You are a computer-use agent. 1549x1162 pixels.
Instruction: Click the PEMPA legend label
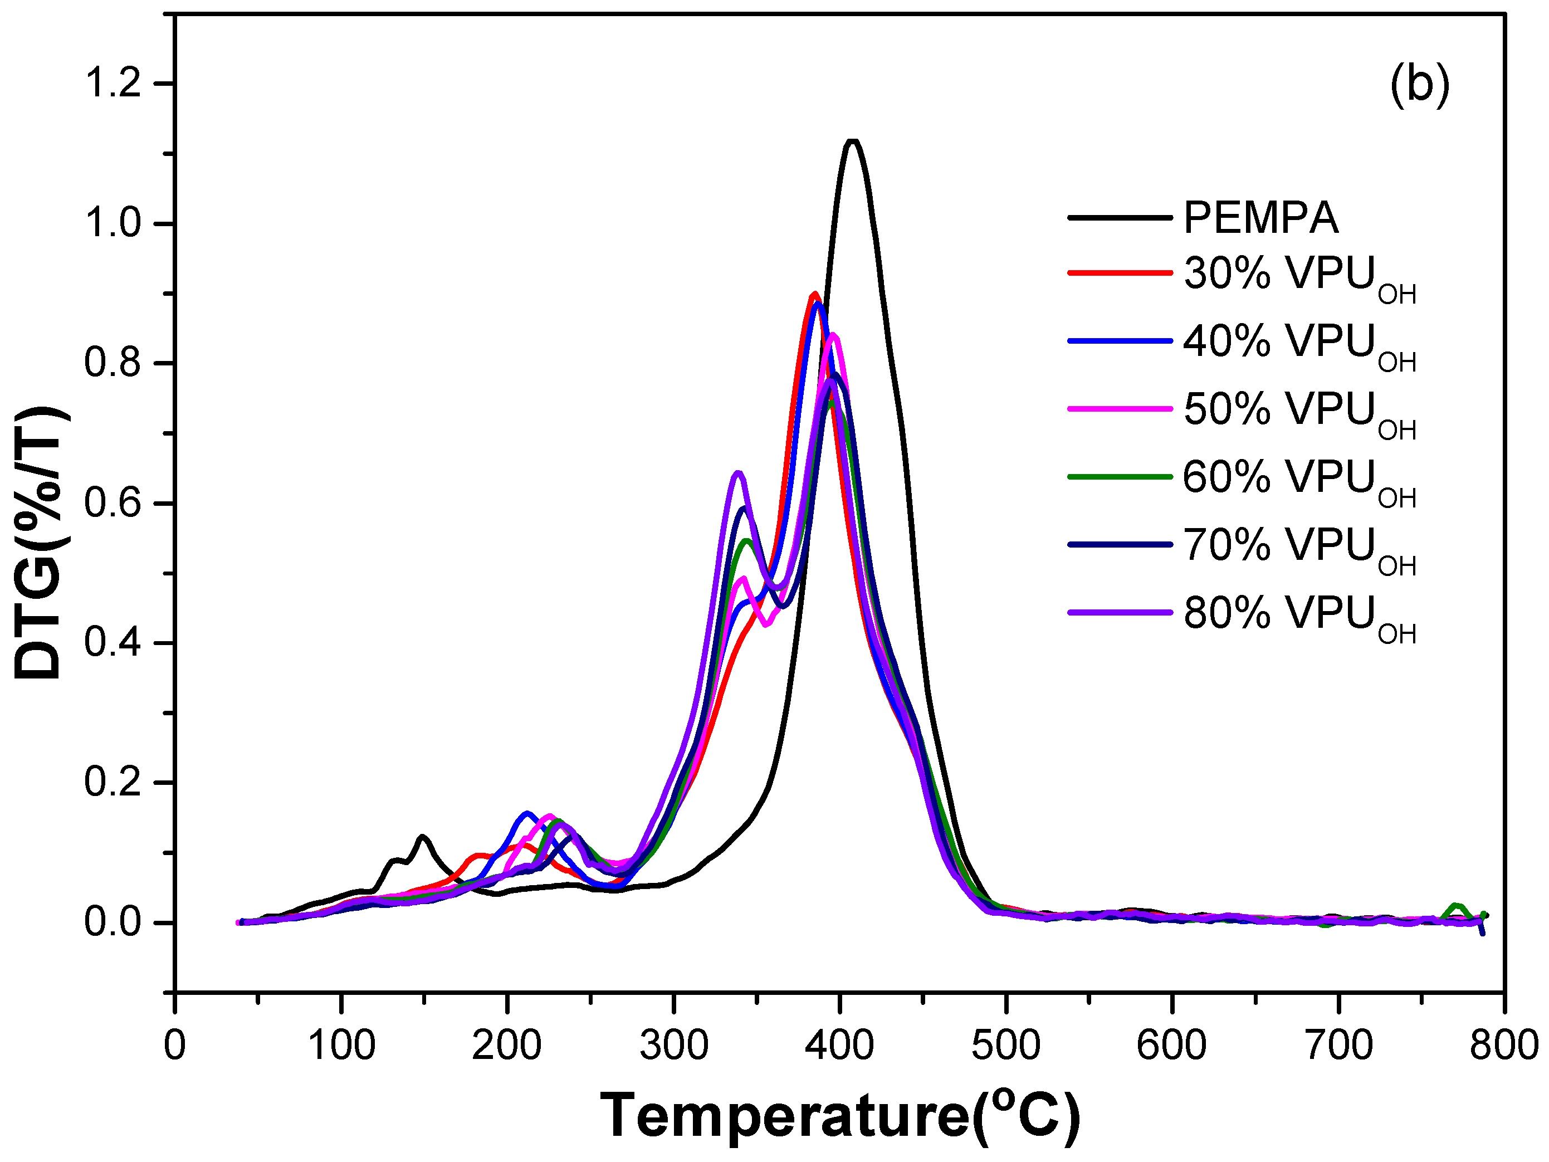1260,218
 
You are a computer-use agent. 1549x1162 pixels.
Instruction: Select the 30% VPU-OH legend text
1299,277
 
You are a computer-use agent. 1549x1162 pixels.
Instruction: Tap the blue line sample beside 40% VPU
1120,341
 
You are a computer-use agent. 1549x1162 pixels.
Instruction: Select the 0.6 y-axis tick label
113,503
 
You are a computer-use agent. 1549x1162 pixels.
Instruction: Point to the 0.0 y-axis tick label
113,922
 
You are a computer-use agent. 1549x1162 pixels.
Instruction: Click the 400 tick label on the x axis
839,1046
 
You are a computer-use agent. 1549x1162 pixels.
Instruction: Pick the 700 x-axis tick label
1338,1046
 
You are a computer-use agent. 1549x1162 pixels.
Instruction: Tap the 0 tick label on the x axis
174,1046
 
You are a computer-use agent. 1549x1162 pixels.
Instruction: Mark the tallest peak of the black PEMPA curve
852,142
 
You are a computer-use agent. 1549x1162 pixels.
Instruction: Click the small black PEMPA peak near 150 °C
422,837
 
